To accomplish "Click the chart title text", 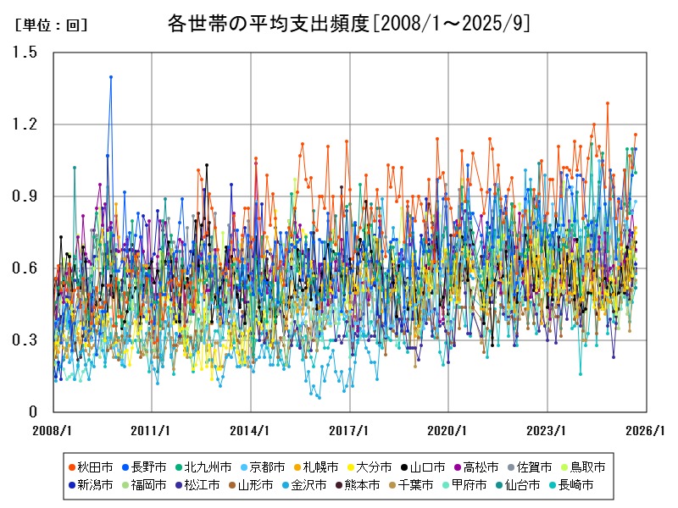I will click(x=349, y=24).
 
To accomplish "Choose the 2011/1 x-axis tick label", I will click(x=153, y=430).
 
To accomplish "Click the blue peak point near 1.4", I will click(x=111, y=77).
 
